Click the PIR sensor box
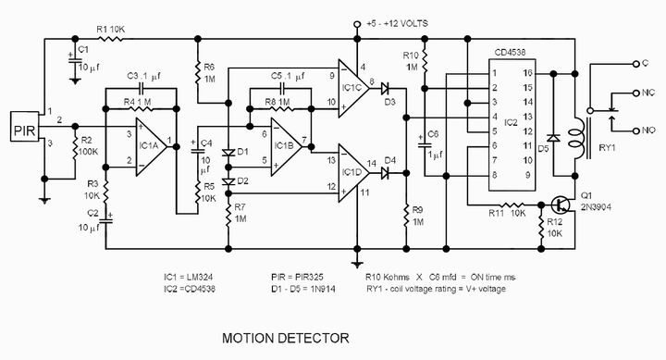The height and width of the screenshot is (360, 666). click(x=25, y=126)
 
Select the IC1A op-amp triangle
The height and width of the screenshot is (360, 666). click(x=150, y=146)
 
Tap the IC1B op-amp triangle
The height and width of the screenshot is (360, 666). click(x=285, y=146)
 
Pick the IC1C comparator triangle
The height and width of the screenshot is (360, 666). click(x=352, y=88)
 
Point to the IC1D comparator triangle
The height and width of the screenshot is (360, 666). click(x=352, y=173)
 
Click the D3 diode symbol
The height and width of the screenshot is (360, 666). click(x=385, y=89)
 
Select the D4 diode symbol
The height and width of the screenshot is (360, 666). click(x=385, y=173)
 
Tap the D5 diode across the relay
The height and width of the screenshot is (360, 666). click(x=553, y=138)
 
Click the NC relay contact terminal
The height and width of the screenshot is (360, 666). click(x=635, y=93)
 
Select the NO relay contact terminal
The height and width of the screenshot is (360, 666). click(x=635, y=130)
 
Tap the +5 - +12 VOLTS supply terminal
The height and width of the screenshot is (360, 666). click(x=357, y=25)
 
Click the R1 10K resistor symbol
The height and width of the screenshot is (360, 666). click(x=111, y=39)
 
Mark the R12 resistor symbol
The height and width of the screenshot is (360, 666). click(x=541, y=230)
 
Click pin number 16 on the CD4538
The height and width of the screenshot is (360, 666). click(x=527, y=73)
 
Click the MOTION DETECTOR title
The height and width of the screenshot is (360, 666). click(x=286, y=339)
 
